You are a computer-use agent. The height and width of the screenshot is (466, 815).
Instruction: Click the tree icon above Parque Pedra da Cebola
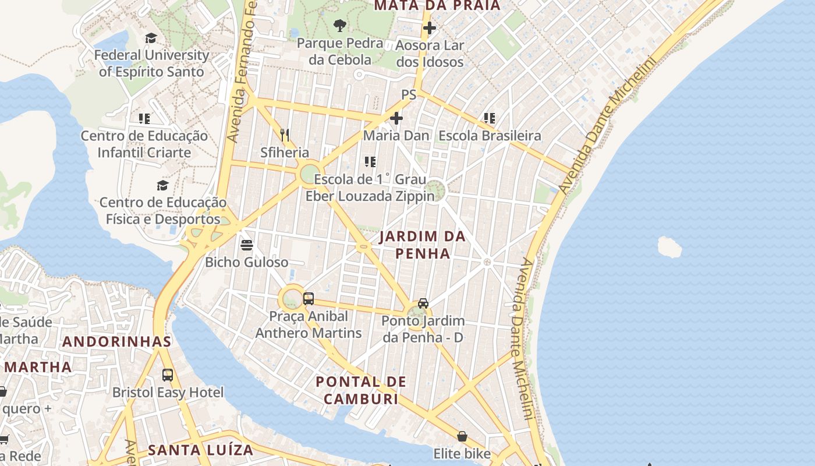point(339,26)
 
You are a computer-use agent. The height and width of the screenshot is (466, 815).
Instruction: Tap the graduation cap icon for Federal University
point(151,38)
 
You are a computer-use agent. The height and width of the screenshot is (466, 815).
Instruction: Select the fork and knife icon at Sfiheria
point(285,135)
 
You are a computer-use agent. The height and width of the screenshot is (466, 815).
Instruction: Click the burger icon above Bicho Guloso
point(247,245)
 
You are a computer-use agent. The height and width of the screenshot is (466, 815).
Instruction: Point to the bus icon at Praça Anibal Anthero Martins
point(309,299)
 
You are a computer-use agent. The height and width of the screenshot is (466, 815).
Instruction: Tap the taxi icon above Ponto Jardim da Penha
point(423,303)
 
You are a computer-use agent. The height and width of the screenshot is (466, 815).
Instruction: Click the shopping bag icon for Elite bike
point(462,436)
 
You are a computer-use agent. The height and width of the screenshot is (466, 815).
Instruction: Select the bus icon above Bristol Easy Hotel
point(168,375)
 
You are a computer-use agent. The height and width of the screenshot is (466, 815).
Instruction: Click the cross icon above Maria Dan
point(396,119)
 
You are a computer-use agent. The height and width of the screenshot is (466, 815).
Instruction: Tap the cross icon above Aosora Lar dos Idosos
point(430,28)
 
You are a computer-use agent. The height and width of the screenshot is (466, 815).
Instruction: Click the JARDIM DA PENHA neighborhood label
point(423,245)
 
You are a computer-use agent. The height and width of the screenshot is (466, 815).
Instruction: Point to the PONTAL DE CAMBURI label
point(361,390)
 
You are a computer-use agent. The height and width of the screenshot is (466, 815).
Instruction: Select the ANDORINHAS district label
point(117,342)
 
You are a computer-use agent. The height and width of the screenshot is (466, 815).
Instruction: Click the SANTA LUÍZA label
point(201,450)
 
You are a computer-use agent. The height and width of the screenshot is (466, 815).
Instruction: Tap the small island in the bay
point(669,247)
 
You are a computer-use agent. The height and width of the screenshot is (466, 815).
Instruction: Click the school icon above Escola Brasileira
point(490,119)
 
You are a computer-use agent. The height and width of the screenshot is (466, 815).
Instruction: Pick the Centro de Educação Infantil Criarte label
point(144,144)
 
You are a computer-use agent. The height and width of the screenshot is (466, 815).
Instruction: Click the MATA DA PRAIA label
point(437,6)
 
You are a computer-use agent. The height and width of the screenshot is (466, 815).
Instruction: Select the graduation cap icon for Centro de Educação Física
point(163,186)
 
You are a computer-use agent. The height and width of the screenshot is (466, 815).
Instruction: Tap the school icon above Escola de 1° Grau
point(370,162)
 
